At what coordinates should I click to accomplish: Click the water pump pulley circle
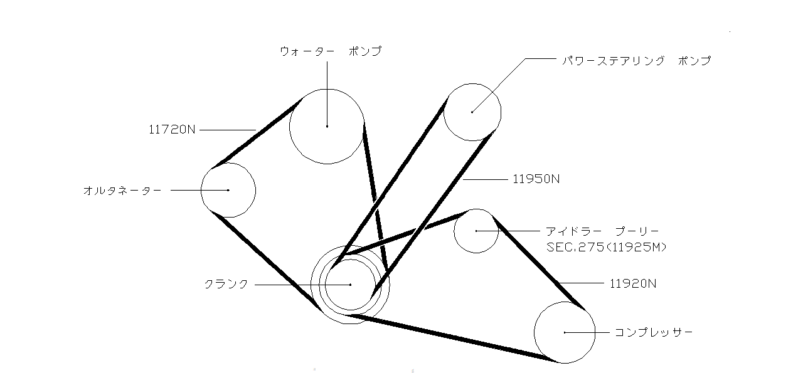coord(327,126)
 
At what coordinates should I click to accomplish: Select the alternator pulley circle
coord(228,190)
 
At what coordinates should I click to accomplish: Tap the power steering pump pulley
coord(472,112)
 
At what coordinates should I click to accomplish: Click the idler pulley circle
coord(476,231)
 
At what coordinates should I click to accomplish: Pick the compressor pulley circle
coord(565,332)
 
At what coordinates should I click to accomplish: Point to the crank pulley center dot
coord(350,285)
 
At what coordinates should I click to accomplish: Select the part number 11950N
coord(536,179)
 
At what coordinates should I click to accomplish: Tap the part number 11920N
coord(633,283)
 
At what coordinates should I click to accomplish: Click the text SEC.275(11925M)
coord(607,248)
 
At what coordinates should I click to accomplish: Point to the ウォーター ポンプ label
coord(331,51)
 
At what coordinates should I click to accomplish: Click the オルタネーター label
coord(122,190)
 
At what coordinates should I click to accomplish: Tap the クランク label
coord(226,284)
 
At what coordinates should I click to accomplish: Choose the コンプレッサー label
coord(654,332)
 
